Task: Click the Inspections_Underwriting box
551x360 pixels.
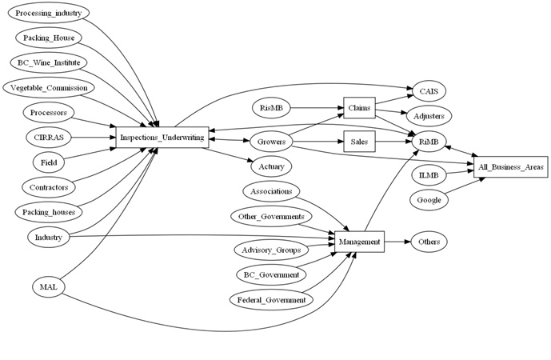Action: coord(162,138)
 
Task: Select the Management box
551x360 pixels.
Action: coord(360,240)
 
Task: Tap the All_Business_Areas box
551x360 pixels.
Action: coord(510,167)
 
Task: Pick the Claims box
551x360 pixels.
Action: coord(359,107)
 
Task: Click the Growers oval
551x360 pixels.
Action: coord(272,142)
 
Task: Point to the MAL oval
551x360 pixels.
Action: coord(48,286)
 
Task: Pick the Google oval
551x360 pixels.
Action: coord(430,199)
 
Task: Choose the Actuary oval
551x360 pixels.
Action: coord(272,167)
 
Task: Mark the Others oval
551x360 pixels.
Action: coord(430,240)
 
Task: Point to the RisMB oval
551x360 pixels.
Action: coord(272,107)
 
